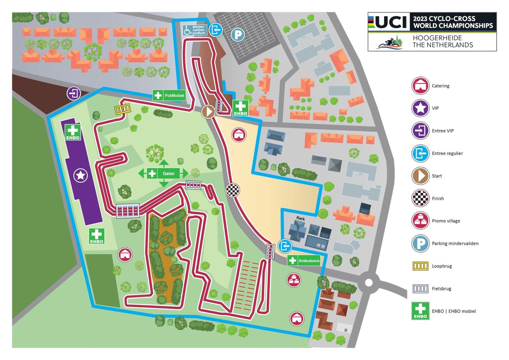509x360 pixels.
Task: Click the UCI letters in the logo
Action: click(390, 22)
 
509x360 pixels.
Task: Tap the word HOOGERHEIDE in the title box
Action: click(437, 38)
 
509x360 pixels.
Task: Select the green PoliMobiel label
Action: click(169, 96)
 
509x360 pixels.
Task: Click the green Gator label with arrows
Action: click(163, 173)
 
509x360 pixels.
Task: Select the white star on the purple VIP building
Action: click(81, 174)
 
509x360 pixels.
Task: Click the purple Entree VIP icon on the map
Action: click(74, 93)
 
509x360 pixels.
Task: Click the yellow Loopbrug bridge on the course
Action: click(123, 109)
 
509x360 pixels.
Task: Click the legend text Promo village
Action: click(446, 221)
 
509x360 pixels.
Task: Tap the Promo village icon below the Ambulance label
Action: click(294, 279)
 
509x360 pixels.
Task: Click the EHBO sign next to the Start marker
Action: click(240, 108)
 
